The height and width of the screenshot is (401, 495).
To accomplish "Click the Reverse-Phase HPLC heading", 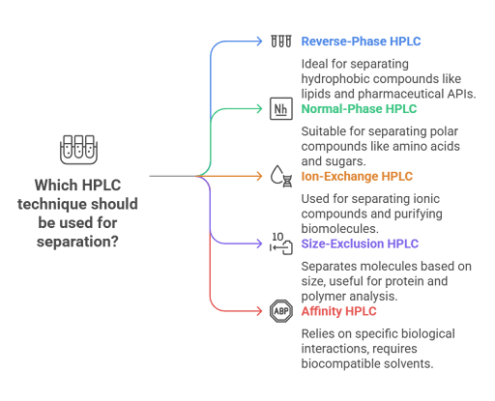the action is [361, 42].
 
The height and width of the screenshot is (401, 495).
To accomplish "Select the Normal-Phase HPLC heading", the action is [359, 109].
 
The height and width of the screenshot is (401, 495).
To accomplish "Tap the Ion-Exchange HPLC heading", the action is [357, 177].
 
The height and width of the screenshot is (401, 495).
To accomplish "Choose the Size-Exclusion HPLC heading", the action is [360, 243].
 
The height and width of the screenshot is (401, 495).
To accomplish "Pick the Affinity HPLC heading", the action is [338, 311].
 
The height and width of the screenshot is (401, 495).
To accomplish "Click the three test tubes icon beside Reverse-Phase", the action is [281, 42].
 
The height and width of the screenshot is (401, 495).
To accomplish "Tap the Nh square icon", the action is [281, 109].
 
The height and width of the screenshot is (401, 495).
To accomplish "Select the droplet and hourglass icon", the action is [281, 176].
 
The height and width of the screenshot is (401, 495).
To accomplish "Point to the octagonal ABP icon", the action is [281, 311].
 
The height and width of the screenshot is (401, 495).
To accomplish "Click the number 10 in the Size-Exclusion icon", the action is [277, 237].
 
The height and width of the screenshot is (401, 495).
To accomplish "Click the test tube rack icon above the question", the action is [78, 150].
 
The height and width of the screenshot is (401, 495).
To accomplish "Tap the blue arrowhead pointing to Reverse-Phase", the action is [259, 42].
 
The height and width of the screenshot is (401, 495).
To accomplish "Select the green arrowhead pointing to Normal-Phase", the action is [259, 109].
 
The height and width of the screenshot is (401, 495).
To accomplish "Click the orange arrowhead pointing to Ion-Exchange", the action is [259, 176].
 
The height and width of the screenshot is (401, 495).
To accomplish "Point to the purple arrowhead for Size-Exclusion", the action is [259, 243].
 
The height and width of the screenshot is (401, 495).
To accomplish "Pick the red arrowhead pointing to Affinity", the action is [259, 311].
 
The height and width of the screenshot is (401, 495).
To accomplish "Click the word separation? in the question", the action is [77, 242].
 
